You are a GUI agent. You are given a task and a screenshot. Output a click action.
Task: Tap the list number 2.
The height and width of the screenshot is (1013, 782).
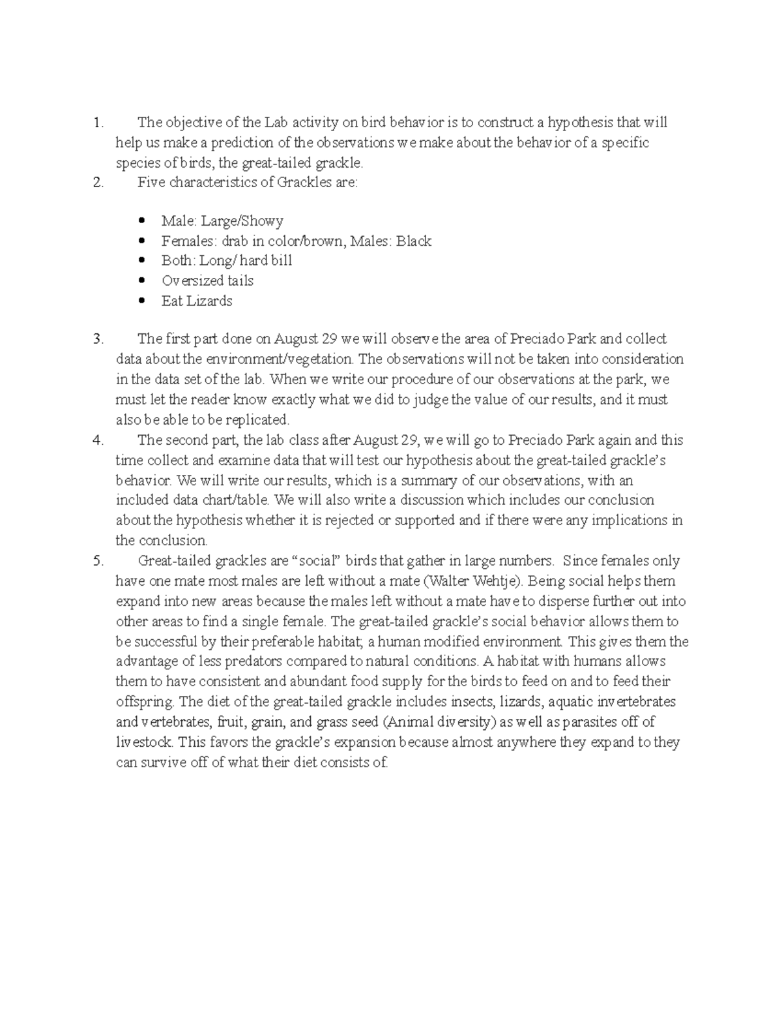(x=98, y=183)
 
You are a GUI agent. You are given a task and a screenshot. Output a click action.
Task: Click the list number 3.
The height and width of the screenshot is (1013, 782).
(x=98, y=339)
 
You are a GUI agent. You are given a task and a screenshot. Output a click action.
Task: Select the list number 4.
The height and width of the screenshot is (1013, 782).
(x=98, y=440)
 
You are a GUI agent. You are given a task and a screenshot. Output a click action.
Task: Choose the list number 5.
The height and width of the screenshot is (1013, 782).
(x=98, y=561)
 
